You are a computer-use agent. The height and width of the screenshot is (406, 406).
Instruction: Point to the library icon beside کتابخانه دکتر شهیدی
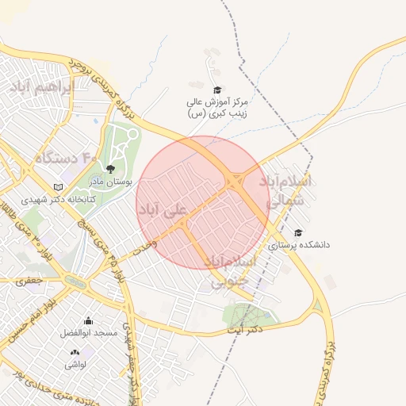point(56,187)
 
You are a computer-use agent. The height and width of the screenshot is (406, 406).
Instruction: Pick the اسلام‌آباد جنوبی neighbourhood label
point(231,270)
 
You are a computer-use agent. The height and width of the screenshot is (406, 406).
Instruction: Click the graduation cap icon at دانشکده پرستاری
point(298,232)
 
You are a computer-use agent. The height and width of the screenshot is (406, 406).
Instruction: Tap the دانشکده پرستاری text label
point(298,245)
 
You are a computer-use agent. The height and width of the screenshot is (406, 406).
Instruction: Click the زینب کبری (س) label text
point(218,113)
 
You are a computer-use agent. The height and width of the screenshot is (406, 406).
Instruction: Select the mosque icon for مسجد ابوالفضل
point(88,320)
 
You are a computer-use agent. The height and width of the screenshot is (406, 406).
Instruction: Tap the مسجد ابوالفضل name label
point(89,333)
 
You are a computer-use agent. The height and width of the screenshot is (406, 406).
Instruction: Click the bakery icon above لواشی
point(75,352)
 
